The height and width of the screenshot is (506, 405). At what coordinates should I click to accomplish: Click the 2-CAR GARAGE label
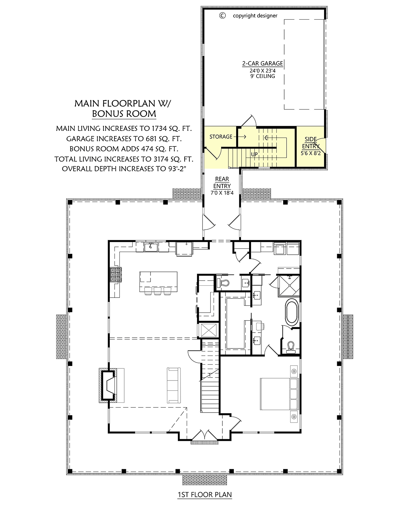tap(262, 63)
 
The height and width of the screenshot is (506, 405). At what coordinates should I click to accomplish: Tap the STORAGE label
tap(221, 137)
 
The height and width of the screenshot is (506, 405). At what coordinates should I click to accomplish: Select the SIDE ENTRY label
tap(310, 142)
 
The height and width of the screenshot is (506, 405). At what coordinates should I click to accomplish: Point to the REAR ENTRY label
tap(222, 182)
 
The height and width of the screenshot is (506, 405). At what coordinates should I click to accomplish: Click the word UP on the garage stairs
tap(254, 154)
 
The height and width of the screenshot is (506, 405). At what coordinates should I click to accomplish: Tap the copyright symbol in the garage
tap(222, 16)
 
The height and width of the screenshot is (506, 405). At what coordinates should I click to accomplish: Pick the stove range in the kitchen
tap(116, 274)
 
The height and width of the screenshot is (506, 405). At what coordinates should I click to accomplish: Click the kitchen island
tap(158, 282)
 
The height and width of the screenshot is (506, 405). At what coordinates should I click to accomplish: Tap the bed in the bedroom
tap(279, 394)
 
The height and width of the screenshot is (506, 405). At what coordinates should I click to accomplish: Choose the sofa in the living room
tap(174, 385)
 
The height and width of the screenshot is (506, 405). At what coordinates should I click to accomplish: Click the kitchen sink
tap(151, 247)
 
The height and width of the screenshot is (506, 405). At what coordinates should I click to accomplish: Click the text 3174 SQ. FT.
tap(173, 159)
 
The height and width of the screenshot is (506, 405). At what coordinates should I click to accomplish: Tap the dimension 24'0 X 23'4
tap(263, 71)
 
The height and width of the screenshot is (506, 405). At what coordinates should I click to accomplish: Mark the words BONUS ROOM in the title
tap(124, 114)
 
